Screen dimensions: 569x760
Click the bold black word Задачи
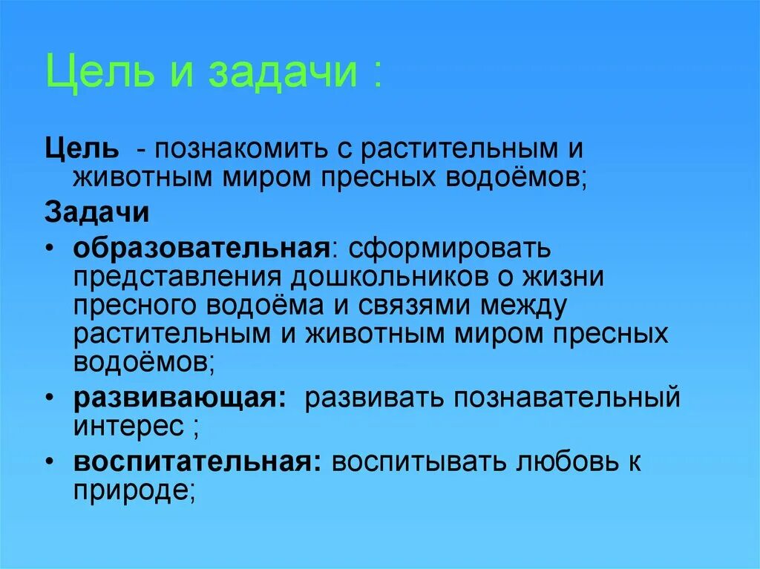97,212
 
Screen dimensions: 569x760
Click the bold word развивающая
179,398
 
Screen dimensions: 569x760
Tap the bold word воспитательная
197,461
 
